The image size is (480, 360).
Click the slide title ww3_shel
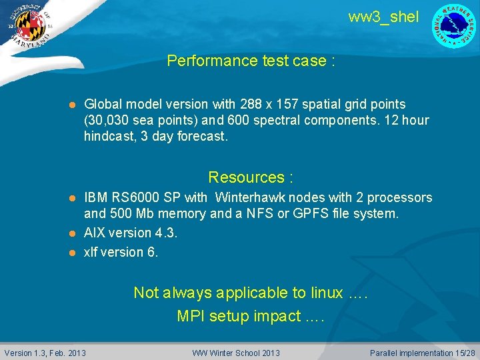click(383, 17)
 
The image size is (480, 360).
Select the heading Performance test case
click(251, 61)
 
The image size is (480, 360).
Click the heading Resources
click(251, 177)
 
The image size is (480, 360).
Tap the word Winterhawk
click(250, 198)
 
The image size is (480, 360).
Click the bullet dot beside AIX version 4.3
click(74, 233)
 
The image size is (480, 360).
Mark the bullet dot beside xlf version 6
click(74, 253)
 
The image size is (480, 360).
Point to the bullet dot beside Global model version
click(74, 105)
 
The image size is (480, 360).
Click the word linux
click(327, 293)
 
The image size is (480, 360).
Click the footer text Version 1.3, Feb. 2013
click(45, 353)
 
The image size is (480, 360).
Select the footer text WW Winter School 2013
click(236, 353)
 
